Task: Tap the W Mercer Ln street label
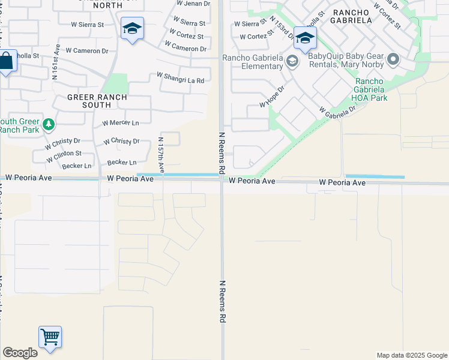[120, 122]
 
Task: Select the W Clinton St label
[63, 154]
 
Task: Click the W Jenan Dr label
[193, 4]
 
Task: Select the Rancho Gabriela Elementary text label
[253, 62]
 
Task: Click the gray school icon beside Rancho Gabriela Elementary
[292, 61]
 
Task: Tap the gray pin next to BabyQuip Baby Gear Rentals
[394, 59]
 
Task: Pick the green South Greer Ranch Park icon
[49, 125]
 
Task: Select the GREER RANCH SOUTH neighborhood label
[89, 101]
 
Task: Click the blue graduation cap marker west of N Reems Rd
[132, 28]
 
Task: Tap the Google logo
[20, 353]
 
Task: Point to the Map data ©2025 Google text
[411, 355]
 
